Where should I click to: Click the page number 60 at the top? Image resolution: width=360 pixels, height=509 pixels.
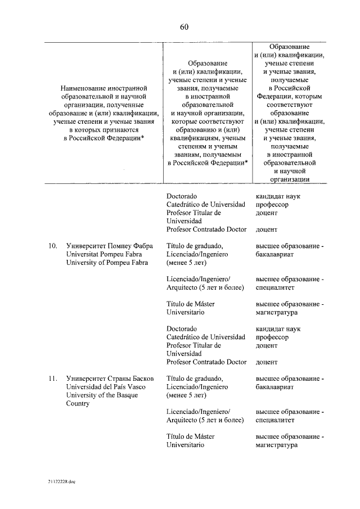pos(184,26)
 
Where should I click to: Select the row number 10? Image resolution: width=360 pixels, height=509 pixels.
pos(53,245)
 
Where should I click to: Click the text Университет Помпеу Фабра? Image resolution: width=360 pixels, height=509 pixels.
pos(110,245)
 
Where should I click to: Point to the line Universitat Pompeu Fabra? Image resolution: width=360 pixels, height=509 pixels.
pos(104,254)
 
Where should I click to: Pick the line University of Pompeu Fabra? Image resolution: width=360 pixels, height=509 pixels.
pos(107,263)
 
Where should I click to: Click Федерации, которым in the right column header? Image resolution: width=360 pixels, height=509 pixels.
pos(289,96)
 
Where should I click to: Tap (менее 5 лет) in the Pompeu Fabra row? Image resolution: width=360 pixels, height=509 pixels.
pos(188,263)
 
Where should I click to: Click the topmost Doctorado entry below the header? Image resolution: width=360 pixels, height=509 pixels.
pos(182,196)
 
